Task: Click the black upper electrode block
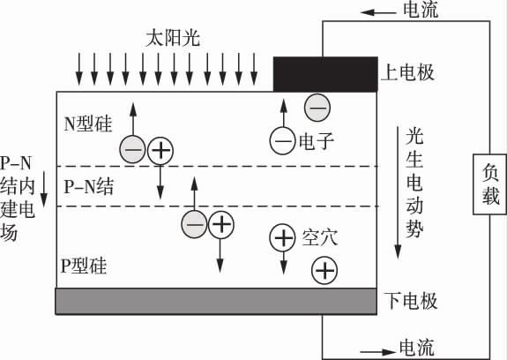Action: (325, 74)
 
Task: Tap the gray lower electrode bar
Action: (217, 301)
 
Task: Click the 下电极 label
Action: (410, 302)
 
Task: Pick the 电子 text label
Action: (317, 140)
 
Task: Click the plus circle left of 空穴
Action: (283, 236)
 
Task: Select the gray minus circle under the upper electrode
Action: (317, 108)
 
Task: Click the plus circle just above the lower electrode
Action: (324, 270)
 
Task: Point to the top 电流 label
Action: (416, 11)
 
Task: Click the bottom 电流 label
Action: (416, 347)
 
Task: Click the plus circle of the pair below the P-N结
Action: (221, 225)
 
